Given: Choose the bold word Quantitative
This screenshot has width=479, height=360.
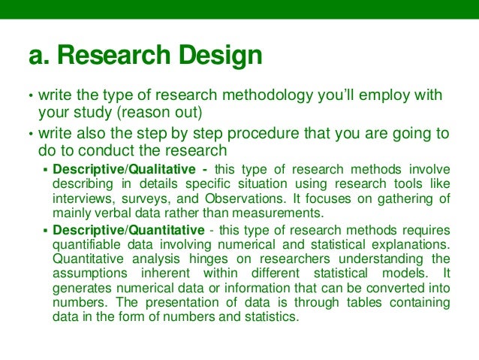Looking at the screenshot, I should tap(161, 230).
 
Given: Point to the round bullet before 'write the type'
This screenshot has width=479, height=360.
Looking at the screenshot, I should tap(31, 96).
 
